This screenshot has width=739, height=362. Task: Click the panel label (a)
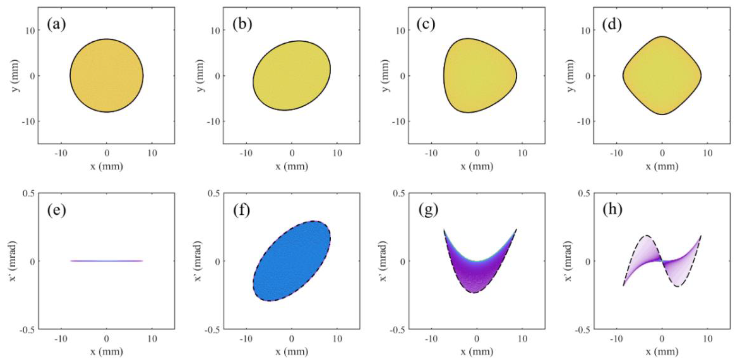click(56, 25)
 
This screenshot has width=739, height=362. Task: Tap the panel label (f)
click(241, 210)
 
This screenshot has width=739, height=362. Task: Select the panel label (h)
click(612, 210)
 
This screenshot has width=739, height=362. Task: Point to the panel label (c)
click(426, 25)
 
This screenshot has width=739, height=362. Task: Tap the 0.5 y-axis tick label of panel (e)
click(29, 193)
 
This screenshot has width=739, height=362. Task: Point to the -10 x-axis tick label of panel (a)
click(61, 153)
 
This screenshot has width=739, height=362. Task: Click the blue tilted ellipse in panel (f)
click(292, 261)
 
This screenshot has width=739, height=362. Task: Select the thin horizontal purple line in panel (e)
click(106, 261)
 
